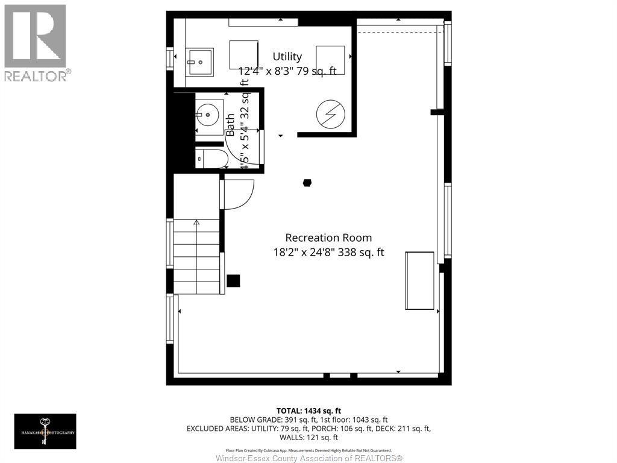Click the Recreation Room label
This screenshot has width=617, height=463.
[x=328, y=238]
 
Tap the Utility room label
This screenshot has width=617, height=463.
[x=287, y=57]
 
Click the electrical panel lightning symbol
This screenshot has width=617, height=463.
[x=330, y=113]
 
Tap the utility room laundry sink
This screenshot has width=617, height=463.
[x=199, y=61]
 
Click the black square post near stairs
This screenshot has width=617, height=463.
[x=233, y=281]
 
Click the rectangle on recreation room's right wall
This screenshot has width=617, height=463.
[x=419, y=281]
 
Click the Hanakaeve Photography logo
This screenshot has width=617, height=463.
[x=45, y=431]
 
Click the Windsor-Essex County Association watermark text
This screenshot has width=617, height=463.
[x=308, y=458]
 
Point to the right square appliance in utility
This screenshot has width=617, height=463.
[x=330, y=60]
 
